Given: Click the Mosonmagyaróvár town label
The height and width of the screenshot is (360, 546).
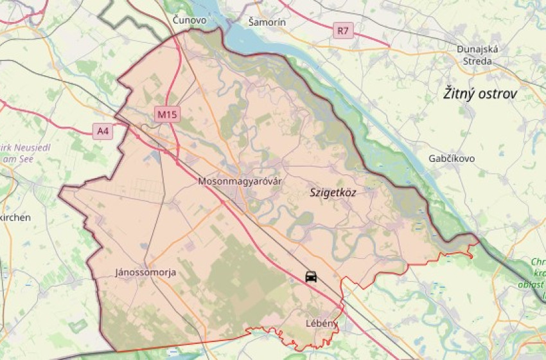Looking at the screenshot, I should tap(240, 181).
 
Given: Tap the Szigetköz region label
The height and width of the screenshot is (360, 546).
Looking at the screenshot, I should tap(333, 192).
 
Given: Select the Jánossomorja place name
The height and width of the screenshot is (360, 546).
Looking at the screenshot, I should tap(145, 273).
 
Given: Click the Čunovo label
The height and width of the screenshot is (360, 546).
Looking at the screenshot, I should tap(189, 21).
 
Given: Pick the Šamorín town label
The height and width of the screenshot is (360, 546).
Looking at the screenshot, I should tap(267, 22).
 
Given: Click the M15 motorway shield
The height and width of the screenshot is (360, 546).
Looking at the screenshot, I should tap(167, 115).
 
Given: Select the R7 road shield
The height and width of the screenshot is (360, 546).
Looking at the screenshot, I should tap(343, 30).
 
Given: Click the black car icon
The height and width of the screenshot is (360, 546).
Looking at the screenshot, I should tap(311, 276).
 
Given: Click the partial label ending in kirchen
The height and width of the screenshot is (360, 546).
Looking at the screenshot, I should tap(14, 218).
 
